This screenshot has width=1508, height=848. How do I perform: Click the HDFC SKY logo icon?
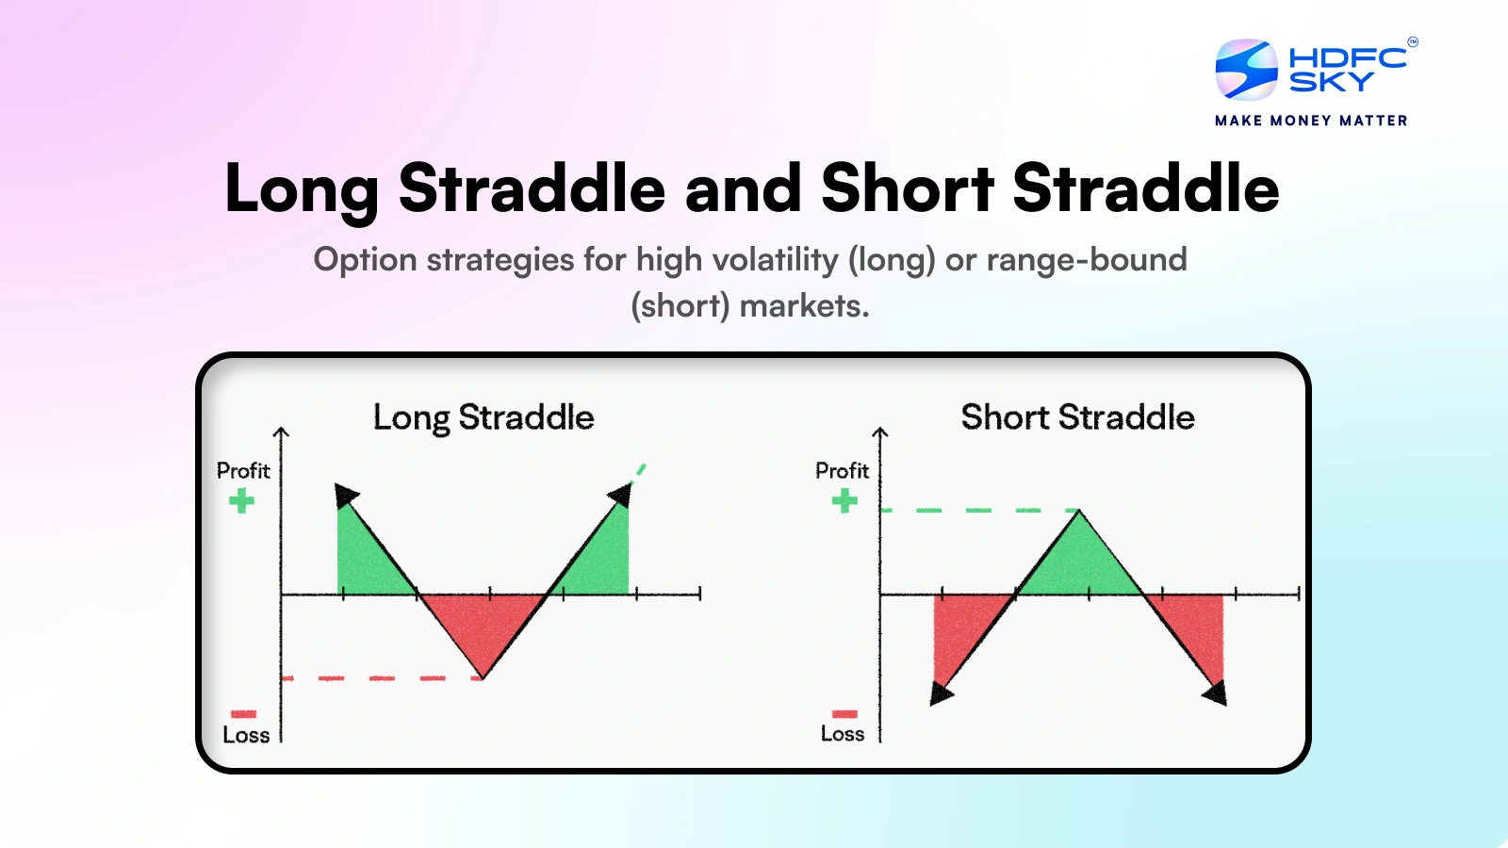click(1246, 69)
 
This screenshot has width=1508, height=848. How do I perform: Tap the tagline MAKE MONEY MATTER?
click(1311, 121)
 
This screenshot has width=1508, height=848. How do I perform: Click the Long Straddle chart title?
click(484, 417)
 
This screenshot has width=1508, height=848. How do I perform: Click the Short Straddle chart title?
click(1077, 417)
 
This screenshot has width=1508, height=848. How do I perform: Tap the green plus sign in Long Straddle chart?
click(242, 500)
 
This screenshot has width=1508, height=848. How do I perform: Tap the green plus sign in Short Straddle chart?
click(844, 500)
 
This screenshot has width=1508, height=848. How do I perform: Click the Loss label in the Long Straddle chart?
click(246, 735)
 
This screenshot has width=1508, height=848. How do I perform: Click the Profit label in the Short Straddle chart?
click(842, 470)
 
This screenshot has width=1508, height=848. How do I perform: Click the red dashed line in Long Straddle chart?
click(382, 677)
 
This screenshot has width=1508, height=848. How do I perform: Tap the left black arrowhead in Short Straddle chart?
click(940, 694)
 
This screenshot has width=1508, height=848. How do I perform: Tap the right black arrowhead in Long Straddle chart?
click(620, 494)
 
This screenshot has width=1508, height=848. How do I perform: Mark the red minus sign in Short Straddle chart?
click(844, 713)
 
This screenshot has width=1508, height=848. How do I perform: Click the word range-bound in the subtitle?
click(1086, 260)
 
